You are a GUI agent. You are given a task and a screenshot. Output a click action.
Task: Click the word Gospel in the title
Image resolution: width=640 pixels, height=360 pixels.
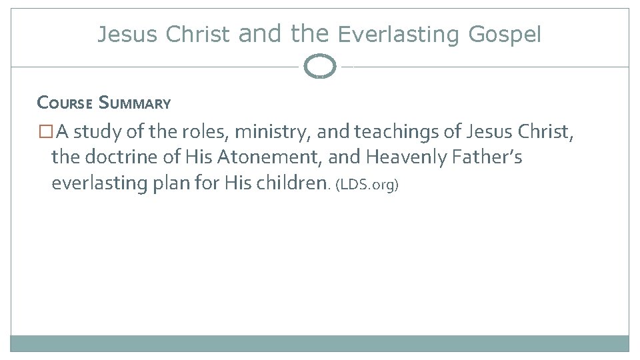505,34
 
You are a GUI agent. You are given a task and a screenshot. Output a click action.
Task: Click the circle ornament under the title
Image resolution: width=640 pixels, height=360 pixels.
320,67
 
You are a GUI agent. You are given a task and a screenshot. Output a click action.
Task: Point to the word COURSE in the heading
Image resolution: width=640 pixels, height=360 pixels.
65,103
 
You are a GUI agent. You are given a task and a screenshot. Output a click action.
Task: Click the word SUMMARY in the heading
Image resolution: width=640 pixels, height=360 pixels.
135,103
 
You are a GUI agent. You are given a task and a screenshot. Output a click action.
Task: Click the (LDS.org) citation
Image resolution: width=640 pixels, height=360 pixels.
367,185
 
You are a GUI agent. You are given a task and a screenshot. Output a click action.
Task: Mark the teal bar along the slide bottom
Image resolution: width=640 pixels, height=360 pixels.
320,343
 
